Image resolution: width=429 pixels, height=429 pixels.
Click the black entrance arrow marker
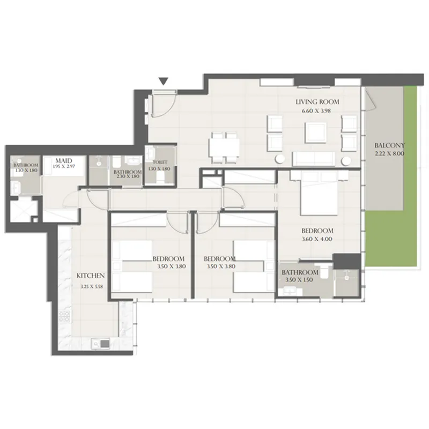164,82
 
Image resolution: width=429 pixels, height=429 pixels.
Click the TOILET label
159,162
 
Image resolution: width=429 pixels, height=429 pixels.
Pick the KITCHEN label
91,276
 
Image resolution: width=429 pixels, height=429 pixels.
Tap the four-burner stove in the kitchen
66,320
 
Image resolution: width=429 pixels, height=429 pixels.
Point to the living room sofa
314,158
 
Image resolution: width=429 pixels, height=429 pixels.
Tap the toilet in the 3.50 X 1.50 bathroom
324,272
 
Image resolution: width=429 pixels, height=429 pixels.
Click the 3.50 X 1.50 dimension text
300,280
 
